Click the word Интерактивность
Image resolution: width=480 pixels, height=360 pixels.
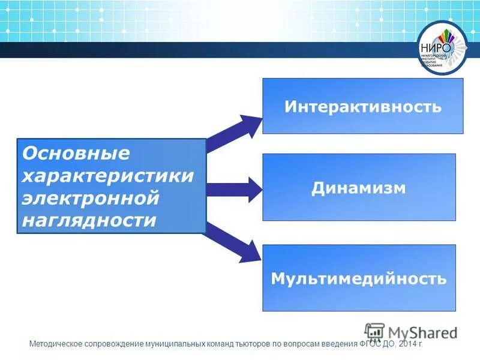(363, 107)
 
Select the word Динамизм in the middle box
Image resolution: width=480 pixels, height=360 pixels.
(359, 188)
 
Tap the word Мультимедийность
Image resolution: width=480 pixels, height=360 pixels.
(359, 279)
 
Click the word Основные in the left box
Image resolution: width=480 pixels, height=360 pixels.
(76, 154)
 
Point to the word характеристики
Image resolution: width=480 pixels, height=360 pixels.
(108, 176)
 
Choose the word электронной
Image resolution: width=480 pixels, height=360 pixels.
(90, 198)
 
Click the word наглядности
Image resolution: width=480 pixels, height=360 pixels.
(89, 220)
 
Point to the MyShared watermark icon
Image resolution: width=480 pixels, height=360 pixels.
(374, 332)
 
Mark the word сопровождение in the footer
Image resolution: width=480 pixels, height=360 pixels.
(113, 345)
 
